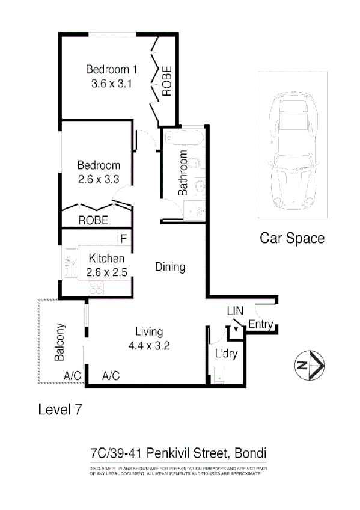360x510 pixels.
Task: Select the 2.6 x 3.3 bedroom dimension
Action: pyautogui.click(x=99, y=179)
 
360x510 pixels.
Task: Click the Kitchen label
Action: pyautogui.click(x=107, y=259)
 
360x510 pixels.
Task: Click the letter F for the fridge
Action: pyautogui.click(x=123, y=238)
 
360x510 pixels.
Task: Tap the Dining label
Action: pyautogui.click(x=170, y=266)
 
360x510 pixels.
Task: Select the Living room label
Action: pyautogui.click(x=149, y=331)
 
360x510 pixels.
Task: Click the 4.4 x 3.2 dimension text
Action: pyautogui.click(x=149, y=346)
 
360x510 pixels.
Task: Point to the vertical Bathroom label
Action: pyautogui.click(x=183, y=178)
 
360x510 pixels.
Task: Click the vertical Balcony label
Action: pyautogui.click(x=59, y=343)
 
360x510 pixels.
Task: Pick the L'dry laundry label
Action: pyautogui.click(x=227, y=354)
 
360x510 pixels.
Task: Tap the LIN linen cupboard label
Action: pyautogui.click(x=234, y=312)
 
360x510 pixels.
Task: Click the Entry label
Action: pyautogui.click(x=260, y=325)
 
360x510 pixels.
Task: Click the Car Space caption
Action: pyautogui.click(x=291, y=238)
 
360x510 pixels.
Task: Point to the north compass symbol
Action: pyautogui.click(x=310, y=365)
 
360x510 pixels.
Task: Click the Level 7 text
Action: pyautogui.click(x=59, y=410)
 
